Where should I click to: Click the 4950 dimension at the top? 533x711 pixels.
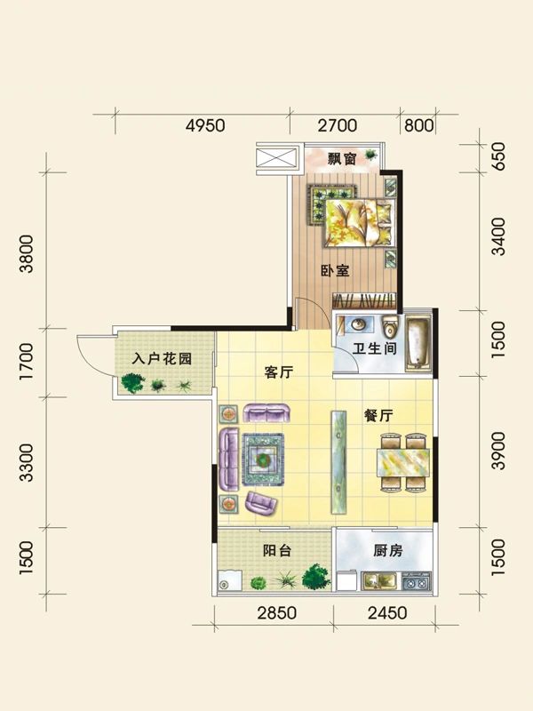(x=204, y=125)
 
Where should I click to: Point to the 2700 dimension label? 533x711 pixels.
(x=337, y=125)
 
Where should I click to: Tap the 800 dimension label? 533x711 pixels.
(x=418, y=125)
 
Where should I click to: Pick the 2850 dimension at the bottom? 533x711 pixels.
(x=275, y=612)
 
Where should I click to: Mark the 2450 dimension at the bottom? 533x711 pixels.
(x=386, y=612)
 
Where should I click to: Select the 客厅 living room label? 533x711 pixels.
(x=280, y=374)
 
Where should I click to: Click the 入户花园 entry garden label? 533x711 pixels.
(x=163, y=360)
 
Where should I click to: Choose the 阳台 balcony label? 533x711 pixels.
(x=276, y=550)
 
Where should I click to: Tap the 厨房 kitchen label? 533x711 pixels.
(x=387, y=550)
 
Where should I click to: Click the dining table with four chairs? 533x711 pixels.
(x=403, y=463)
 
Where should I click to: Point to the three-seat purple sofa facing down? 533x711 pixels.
(x=267, y=413)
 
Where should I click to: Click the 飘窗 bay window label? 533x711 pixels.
(x=341, y=160)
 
